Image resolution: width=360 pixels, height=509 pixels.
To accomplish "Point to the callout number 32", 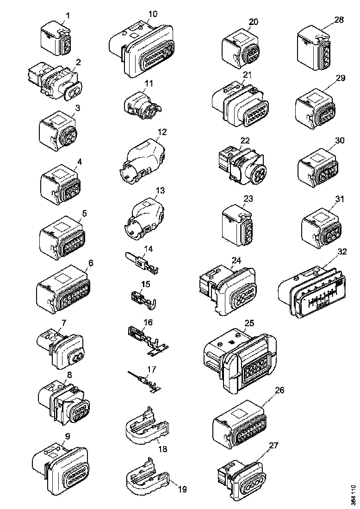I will point(342,252).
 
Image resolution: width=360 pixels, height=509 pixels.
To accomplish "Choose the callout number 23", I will point(248,199).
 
